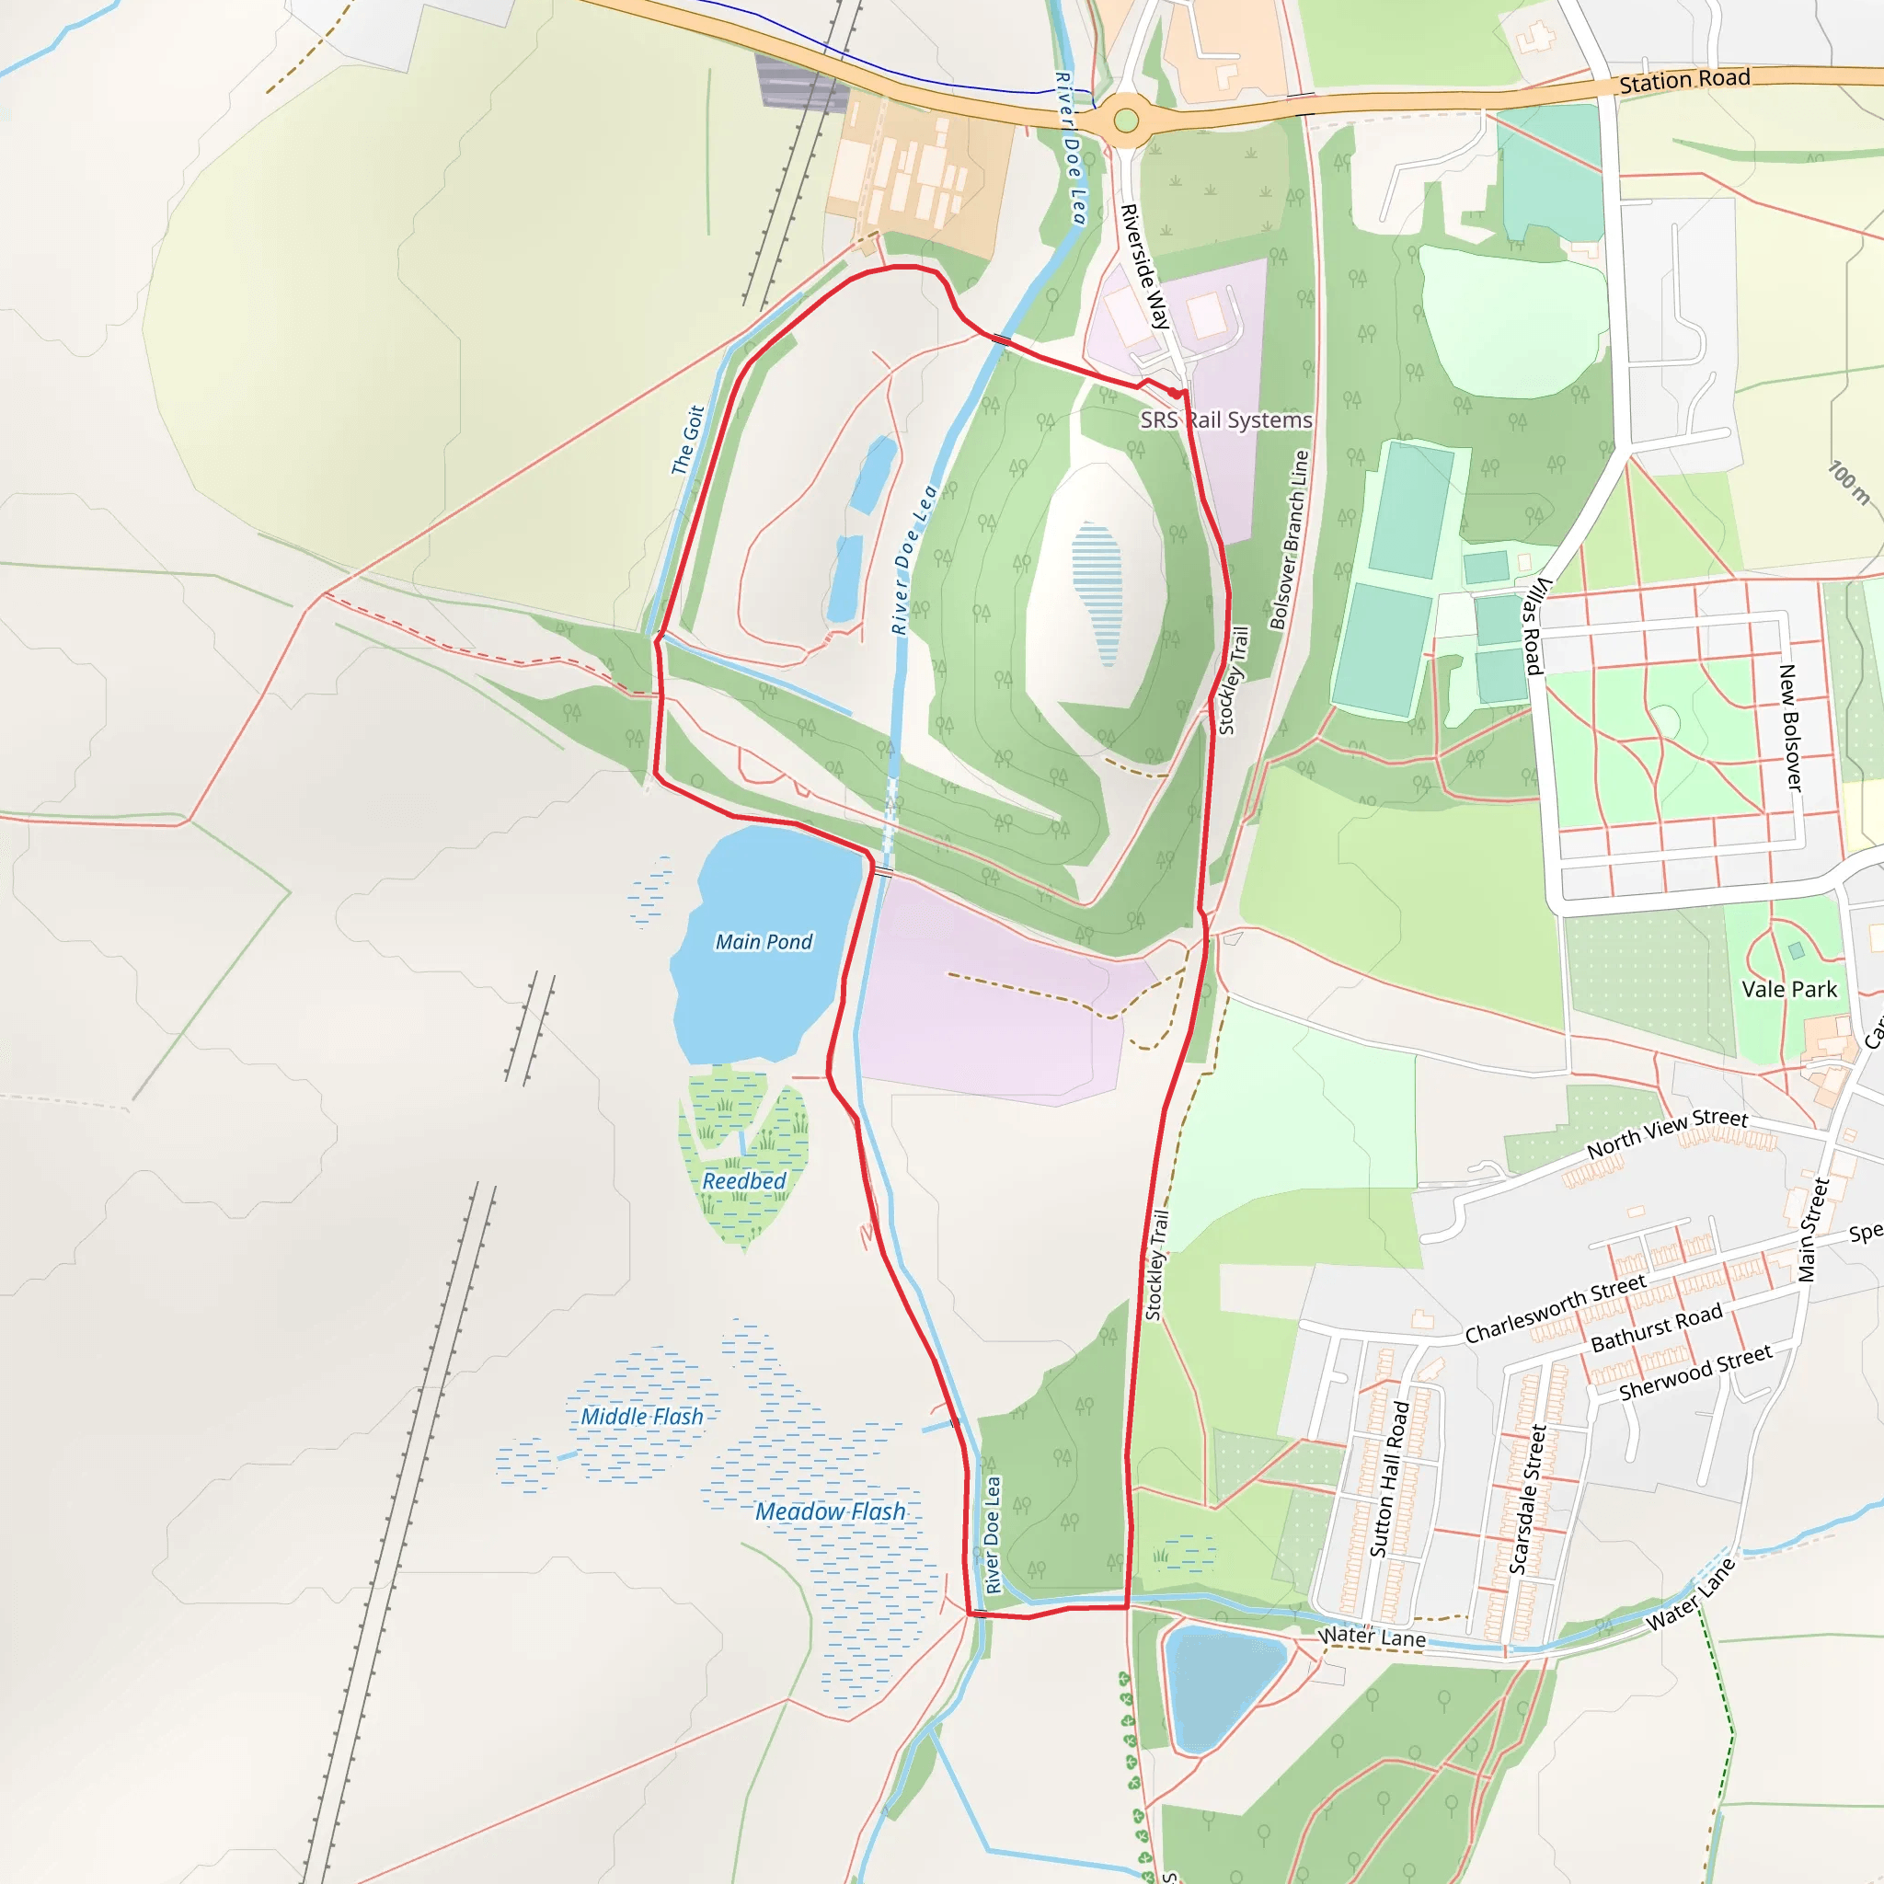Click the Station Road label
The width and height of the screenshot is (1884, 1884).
tap(1684, 81)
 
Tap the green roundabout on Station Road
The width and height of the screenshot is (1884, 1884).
tap(1126, 121)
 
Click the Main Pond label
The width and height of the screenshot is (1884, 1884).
tap(764, 942)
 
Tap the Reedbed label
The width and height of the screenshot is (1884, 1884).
tap(744, 1181)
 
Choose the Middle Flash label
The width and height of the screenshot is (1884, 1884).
tap(642, 1417)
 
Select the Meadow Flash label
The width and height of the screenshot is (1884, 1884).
tap(830, 1511)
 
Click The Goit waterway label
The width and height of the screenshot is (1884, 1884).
tap(687, 441)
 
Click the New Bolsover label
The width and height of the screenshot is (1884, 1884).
tap(1790, 728)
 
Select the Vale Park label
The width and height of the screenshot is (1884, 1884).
tap(1789, 989)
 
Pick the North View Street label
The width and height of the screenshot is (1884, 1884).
tap(1668, 1133)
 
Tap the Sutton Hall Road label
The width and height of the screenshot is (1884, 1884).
tap(1390, 1478)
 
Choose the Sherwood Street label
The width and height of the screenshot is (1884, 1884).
tap(1694, 1373)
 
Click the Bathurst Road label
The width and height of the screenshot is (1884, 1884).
tap(1656, 1329)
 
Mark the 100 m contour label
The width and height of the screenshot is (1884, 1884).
tap(1848, 483)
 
